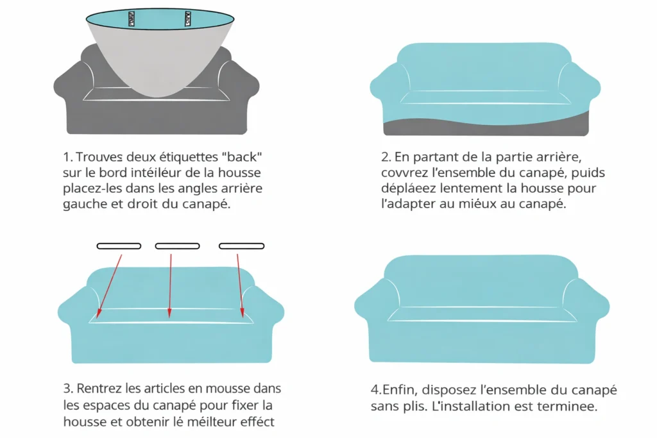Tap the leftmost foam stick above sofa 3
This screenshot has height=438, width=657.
[x=119, y=246]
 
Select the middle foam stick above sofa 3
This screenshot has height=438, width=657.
[x=177, y=246]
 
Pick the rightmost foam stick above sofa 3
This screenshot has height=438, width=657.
[x=241, y=246]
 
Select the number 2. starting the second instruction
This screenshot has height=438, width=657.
[x=386, y=157]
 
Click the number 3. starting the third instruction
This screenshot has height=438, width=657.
[x=69, y=389]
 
